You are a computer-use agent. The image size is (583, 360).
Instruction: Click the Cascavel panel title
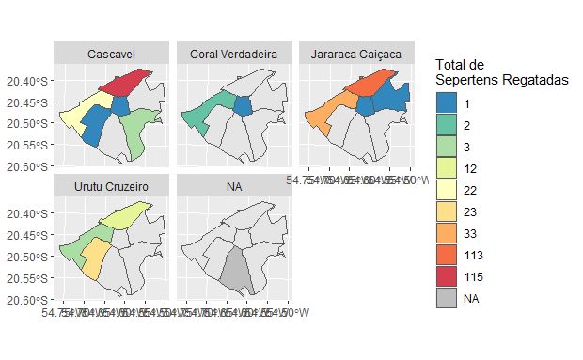tap(110, 55)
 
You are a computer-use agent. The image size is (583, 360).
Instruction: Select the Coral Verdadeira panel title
tap(233, 55)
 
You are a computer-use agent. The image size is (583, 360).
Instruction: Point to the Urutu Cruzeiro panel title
tap(110, 187)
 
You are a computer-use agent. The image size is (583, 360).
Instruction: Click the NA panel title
tap(233, 187)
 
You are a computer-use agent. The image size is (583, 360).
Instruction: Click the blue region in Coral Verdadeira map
tap(244, 105)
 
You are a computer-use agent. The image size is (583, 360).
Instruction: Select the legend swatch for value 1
tap(448, 101)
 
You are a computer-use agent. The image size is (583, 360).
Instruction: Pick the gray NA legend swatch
tap(448, 298)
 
